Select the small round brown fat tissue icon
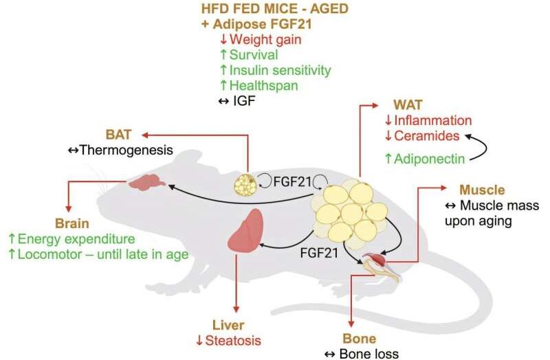click(247, 184)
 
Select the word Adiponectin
click(435, 159)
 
